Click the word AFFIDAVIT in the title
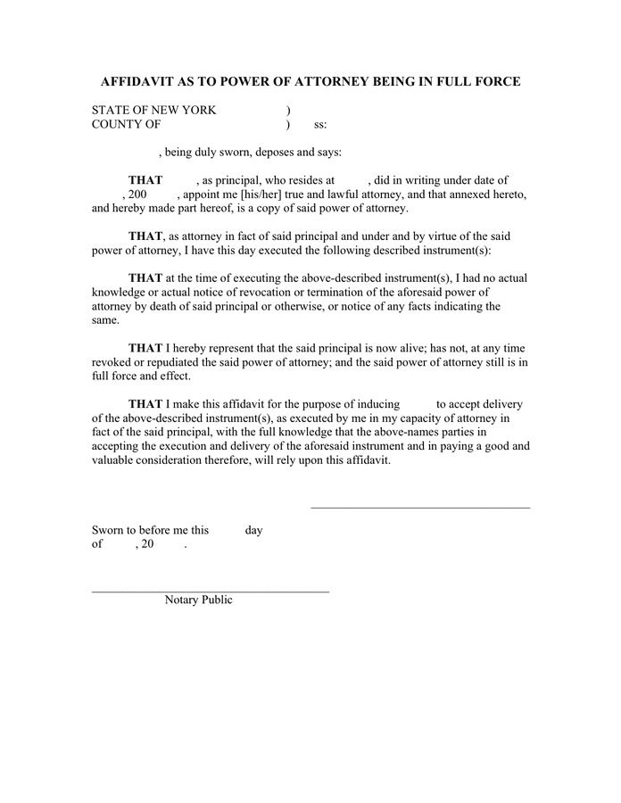pyautogui.click(x=138, y=81)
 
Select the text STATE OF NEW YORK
pyautogui.click(x=153, y=110)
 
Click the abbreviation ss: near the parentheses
pyautogui.click(x=320, y=125)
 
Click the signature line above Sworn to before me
pyautogui.click(x=419, y=508)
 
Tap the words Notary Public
pyautogui.click(x=198, y=600)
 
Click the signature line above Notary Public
pyautogui.click(x=211, y=591)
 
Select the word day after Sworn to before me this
pyautogui.click(x=254, y=530)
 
